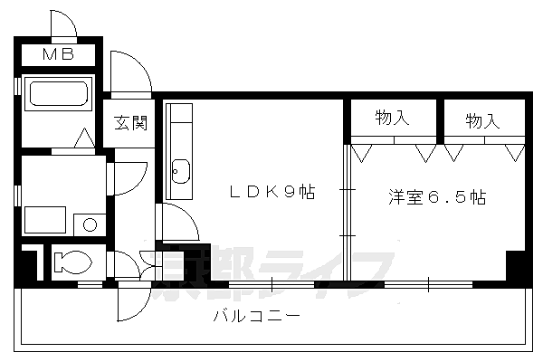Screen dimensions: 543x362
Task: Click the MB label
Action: pyautogui.click(x=58, y=54)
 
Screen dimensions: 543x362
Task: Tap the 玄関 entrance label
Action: pyautogui.click(x=131, y=123)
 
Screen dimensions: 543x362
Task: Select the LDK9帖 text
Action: pyautogui.click(x=272, y=192)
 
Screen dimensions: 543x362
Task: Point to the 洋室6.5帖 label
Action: pyautogui.click(x=437, y=197)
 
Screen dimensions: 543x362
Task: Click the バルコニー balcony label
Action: pyautogui.click(x=257, y=316)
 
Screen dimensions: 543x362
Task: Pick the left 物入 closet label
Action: pyautogui.click(x=393, y=118)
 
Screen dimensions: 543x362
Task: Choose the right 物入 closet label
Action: pyautogui.click(x=482, y=121)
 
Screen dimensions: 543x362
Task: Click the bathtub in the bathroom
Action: pyautogui.click(x=59, y=93)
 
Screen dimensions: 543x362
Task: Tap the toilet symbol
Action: pyautogui.click(x=72, y=262)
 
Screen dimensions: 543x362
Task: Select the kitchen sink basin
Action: pyautogui.click(x=181, y=171)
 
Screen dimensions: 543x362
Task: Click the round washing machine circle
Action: pyautogui.click(x=90, y=224)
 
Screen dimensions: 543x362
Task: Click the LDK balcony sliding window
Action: pyautogui.click(x=271, y=285)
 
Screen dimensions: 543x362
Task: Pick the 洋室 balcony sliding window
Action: pyautogui.click(x=428, y=285)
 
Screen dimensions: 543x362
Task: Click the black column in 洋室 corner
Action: pyautogui.click(x=516, y=265)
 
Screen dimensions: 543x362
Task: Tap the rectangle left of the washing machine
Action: pyautogui.click(x=45, y=220)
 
